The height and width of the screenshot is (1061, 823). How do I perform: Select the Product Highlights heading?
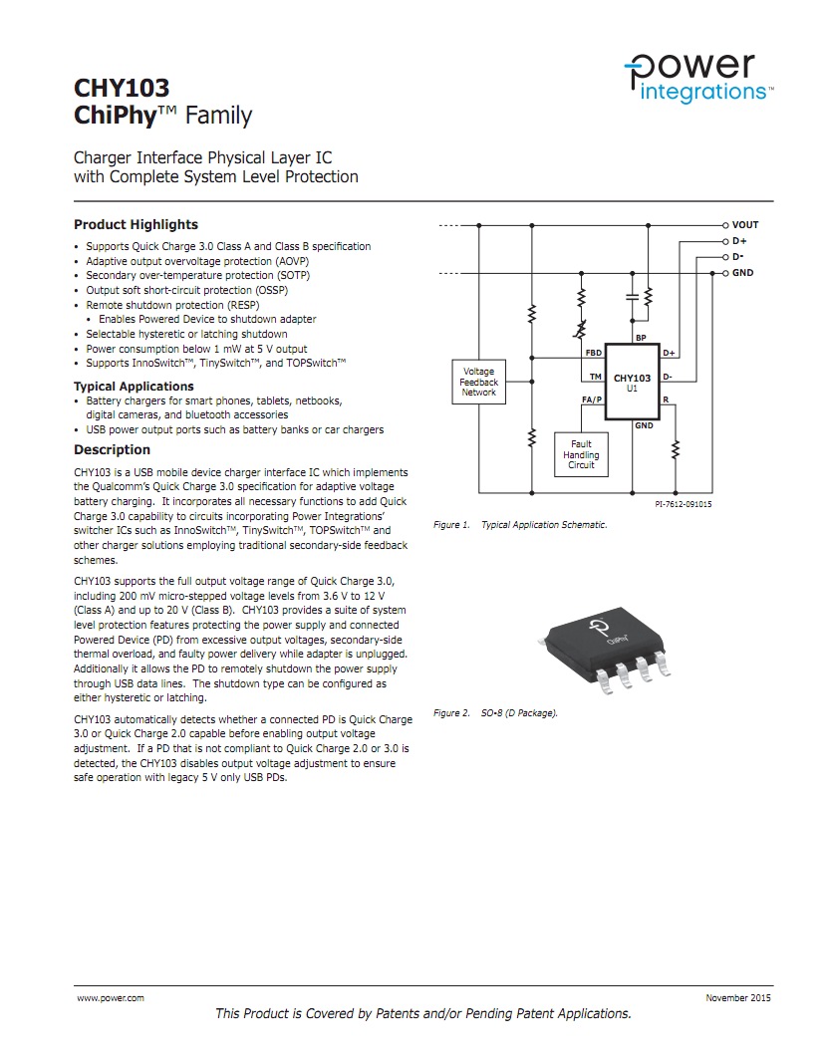point(136,224)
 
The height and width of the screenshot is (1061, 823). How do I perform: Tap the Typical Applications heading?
point(134,387)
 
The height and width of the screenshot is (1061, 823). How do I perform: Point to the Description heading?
point(112,449)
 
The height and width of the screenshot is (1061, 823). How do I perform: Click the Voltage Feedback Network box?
point(478,382)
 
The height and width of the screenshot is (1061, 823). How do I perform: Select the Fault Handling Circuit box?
point(581,454)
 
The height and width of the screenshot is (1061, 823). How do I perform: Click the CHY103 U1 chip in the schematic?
point(632,383)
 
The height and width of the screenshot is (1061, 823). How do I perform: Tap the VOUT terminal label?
point(744,225)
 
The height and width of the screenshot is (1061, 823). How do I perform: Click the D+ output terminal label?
point(739,241)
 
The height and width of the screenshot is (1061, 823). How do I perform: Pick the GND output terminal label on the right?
point(742,272)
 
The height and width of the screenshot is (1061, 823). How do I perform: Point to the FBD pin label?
point(593,353)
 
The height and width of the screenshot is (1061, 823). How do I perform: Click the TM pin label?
point(595,377)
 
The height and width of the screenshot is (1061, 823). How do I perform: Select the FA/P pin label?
point(592,399)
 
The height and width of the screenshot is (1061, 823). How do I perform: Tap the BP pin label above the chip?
point(641,339)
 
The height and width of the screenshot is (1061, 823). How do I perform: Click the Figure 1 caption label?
point(451,525)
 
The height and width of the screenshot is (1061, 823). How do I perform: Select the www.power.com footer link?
point(111,997)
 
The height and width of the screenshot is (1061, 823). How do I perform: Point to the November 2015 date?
point(737,997)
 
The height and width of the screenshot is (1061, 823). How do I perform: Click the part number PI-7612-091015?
point(683,504)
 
